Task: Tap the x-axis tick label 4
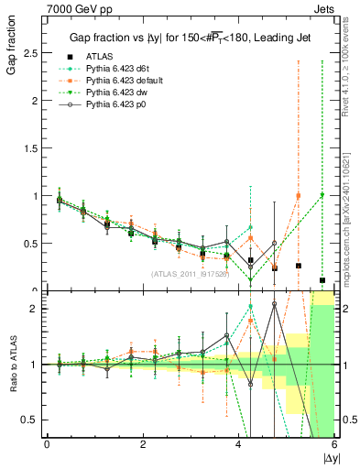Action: pyautogui.click(x=238, y=444)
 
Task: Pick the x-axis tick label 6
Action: pyautogui.click(x=333, y=444)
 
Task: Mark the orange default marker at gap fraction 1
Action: pyautogui.click(x=298, y=195)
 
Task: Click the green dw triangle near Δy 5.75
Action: pyautogui.click(x=322, y=195)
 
